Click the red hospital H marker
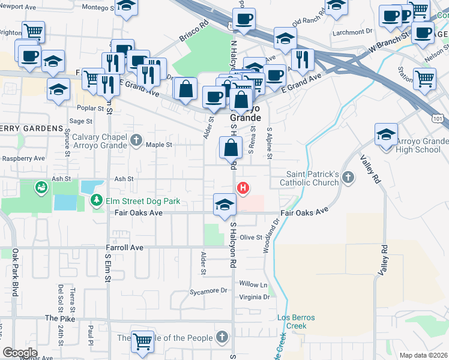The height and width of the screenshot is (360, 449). [x=243, y=188]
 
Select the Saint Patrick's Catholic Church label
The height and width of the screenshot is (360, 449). [x=313, y=178]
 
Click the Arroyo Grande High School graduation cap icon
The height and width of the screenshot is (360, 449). [x=386, y=135]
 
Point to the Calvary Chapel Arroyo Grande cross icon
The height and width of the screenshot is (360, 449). [x=137, y=141]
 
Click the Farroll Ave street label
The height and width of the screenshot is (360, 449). [x=125, y=247]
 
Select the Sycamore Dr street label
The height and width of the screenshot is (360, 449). [x=208, y=291]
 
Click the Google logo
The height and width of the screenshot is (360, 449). [x=20, y=352]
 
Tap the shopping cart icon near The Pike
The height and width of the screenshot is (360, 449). [x=143, y=341]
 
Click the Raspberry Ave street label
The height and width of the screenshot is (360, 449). [x=23, y=158]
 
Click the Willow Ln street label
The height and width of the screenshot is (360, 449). [x=253, y=284]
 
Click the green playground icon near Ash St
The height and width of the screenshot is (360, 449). [x=41, y=188]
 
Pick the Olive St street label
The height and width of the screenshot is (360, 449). [x=252, y=238]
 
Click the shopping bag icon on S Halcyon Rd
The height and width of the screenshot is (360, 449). [x=231, y=147]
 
